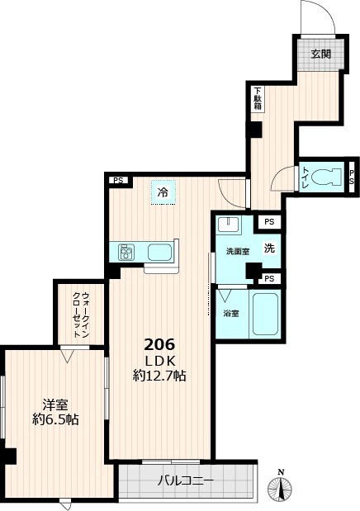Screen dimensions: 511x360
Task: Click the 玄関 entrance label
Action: (x=321, y=54)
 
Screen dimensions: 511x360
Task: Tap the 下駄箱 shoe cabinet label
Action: (x=258, y=99)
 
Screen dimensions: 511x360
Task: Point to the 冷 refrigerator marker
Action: (x=163, y=192)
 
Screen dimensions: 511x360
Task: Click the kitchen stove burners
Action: (x=127, y=251)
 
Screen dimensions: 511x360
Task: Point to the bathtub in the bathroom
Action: (x=265, y=315)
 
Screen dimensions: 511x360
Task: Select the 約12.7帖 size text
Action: (x=160, y=376)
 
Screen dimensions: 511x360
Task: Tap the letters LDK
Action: (x=160, y=361)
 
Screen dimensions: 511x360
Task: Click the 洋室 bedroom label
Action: (x=55, y=405)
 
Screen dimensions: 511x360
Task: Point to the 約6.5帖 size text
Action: (x=55, y=419)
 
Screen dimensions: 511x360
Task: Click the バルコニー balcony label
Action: (x=186, y=480)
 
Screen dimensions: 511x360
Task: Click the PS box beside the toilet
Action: (x=352, y=176)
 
